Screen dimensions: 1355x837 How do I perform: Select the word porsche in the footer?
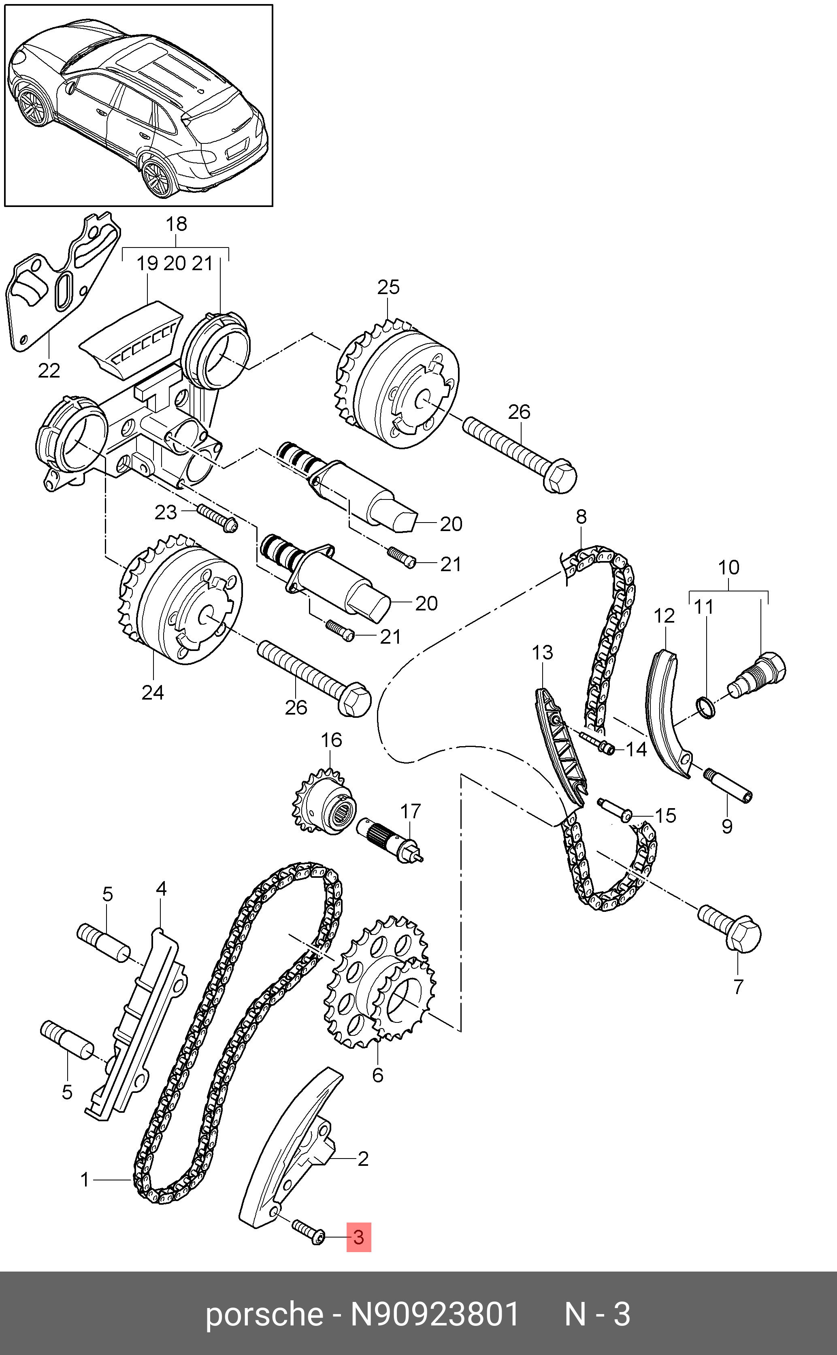pos(264,1314)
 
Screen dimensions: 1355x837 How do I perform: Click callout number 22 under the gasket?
pos(49,370)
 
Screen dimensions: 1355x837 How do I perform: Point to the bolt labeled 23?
pos(216,518)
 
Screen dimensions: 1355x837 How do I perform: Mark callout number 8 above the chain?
pos(581,516)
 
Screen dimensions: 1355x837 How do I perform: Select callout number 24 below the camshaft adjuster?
pos(153,692)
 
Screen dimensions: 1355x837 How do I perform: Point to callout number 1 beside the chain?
pos(85,1180)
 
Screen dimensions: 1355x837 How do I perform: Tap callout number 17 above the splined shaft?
pos(410,811)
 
